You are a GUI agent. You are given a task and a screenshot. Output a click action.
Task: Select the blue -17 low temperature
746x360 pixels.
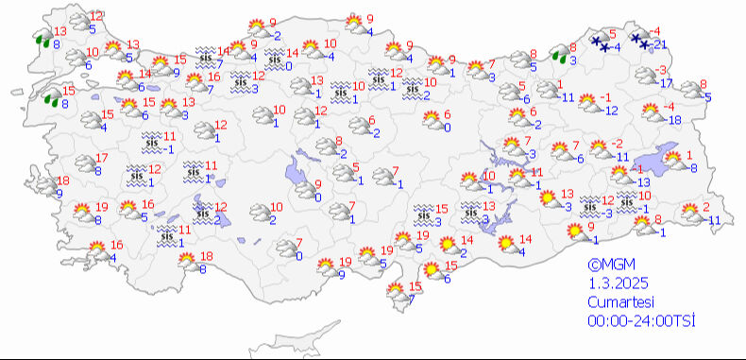667,83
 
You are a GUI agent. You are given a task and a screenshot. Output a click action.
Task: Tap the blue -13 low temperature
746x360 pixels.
642,181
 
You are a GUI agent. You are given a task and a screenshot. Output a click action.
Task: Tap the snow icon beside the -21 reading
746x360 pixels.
640,40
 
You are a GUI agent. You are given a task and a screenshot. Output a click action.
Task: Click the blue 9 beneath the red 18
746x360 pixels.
59,194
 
